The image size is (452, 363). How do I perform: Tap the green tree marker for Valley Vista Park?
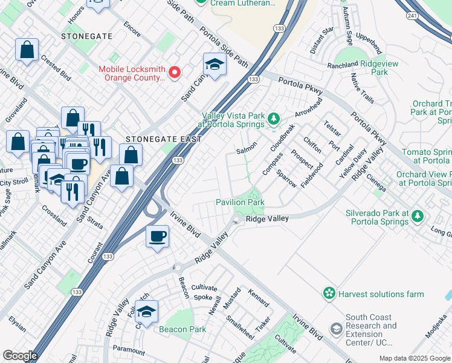pyautogui.click(x=274, y=117)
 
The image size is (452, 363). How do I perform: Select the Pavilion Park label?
pyautogui.click(x=240, y=202)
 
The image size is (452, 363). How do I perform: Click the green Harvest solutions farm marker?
pyautogui.click(x=329, y=294)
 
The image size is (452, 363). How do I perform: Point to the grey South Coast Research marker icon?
pyautogui.click(x=336, y=329)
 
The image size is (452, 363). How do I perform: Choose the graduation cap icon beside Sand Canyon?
pyautogui.click(x=215, y=65)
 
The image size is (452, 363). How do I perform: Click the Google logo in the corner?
pyautogui.click(x=20, y=355)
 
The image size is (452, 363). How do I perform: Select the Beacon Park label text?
pyautogui.click(x=182, y=330)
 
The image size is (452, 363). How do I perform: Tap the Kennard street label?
pyautogui.click(x=259, y=296)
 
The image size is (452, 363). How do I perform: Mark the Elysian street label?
pyautogui.click(x=17, y=325)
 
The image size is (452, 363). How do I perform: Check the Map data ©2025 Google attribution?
pyautogui.click(x=415, y=358)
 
